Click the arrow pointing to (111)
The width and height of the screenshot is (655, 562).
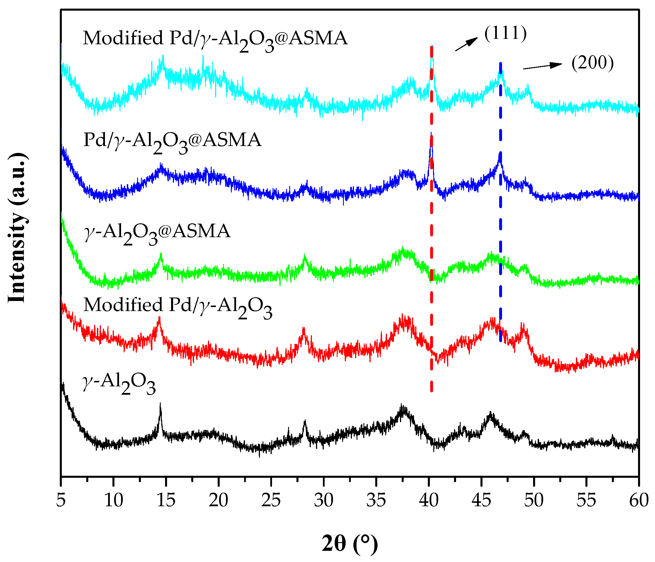click(466, 44)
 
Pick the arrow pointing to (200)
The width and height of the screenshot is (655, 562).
click(543, 66)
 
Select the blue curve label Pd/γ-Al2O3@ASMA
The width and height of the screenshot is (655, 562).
click(172, 141)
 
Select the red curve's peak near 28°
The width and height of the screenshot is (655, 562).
click(303, 329)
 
